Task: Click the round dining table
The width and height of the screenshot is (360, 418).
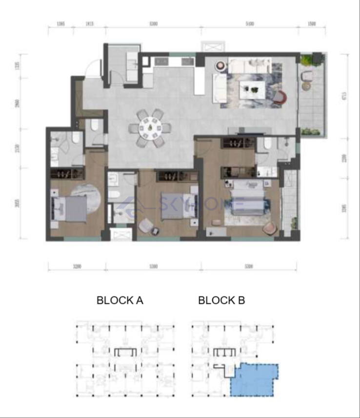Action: pos(150,128)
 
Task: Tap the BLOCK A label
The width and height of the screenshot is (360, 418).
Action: pos(120,300)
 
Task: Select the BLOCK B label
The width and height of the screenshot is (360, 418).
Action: pos(221,300)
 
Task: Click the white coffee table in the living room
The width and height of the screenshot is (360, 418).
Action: pos(252,89)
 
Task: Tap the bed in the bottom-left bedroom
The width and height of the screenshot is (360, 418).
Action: pos(70,209)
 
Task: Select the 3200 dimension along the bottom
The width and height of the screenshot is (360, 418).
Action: pos(77,267)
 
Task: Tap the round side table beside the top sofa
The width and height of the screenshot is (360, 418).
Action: pos(220,64)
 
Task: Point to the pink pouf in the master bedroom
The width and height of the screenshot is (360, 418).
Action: pos(269,228)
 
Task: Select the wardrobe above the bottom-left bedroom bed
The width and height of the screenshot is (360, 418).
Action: pos(67,173)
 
